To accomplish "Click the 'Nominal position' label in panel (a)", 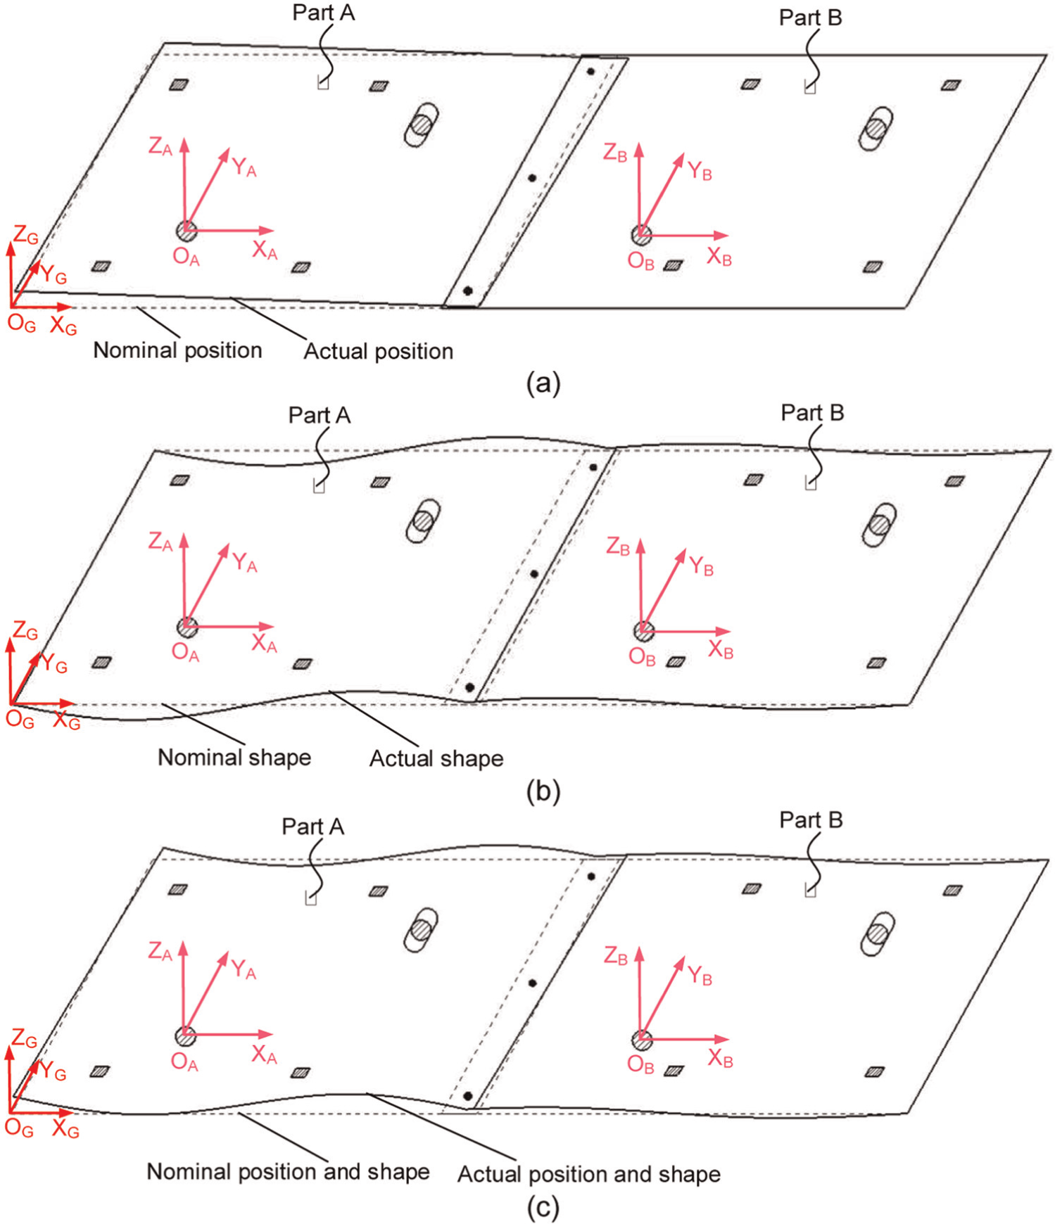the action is [x=177, y=350].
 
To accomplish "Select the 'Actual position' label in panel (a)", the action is [x=378, y=351].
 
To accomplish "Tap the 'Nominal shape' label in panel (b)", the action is [x=234, y=757].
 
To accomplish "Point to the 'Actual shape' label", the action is [x=436, y=758].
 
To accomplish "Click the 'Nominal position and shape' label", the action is [x=288, y=1171].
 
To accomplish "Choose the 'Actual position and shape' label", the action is [x=589, y=1174].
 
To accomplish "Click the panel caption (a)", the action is [x=543, y=383].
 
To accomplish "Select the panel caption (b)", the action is [x=543, y=791].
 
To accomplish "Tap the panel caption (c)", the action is [x=543, y=1208].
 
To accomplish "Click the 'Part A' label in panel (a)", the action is [x=324, y=13].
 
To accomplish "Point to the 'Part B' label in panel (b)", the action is [x=812, y=412].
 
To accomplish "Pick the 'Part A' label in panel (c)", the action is [x=313, y=826].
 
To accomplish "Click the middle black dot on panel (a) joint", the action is [x=532, y=178].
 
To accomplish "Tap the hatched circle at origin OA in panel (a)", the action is [x=186, y=231].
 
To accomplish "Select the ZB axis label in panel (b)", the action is [x=618, y=546].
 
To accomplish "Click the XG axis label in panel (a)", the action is [x=63, y=326].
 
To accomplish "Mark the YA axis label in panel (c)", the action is [x=244, y=969].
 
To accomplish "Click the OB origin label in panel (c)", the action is [x=640, y=1064].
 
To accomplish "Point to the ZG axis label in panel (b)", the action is [x=25, y=631].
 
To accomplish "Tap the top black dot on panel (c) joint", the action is [x=591, y=876].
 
